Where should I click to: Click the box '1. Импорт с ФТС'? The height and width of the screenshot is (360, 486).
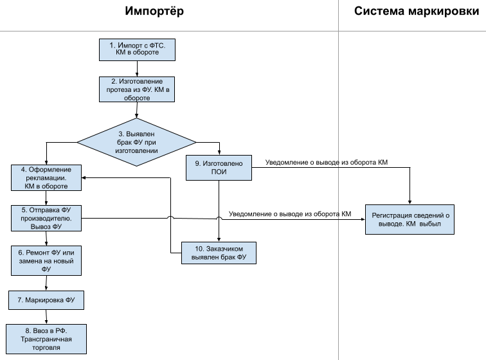137,50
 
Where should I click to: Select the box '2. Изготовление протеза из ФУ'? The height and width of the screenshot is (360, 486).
137,89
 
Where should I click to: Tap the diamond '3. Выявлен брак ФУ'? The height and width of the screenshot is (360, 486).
136,142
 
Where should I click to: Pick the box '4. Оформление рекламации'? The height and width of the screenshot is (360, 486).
46,177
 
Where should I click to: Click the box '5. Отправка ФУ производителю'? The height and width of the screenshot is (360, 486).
46,218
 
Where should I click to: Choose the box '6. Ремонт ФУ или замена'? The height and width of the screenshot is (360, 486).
46,261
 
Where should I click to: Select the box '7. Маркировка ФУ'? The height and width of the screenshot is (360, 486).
46,300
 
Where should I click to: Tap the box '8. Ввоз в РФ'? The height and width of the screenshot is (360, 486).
46,339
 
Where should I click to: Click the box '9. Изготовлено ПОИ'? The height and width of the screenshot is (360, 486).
219,168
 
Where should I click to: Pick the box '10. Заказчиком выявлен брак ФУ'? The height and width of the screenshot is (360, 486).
219,253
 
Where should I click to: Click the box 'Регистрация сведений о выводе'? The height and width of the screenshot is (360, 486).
410,219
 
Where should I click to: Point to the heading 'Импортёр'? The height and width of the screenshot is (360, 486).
154,11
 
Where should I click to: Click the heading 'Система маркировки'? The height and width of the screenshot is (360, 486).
417,11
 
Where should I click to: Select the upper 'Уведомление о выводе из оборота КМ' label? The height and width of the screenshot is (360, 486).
327,162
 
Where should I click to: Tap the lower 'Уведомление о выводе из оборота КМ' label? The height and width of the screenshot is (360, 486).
290,214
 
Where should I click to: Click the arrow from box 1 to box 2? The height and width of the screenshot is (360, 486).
137,69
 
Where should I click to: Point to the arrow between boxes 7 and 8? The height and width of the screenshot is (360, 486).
46,317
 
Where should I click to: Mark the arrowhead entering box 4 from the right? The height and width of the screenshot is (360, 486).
84,177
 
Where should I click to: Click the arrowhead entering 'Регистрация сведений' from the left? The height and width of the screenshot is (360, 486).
363,219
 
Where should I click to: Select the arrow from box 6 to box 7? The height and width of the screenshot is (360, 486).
46,283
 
